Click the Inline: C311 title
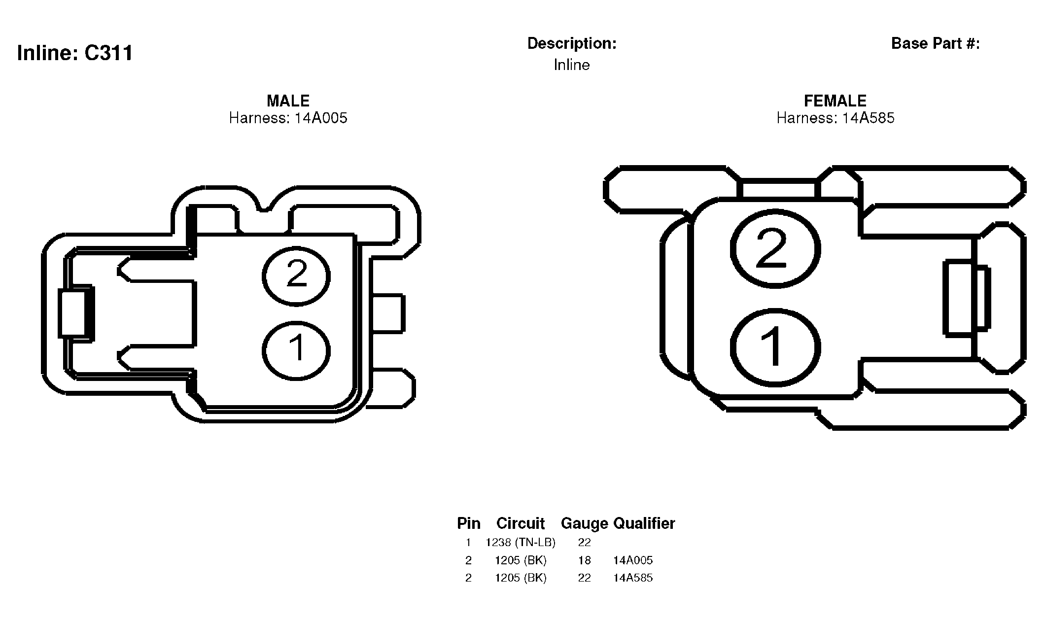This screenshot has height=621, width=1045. pos(75,53)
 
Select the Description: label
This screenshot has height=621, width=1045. pos(572,43)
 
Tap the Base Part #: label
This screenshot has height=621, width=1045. pos(936,43)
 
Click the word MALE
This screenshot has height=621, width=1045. pos(288,101)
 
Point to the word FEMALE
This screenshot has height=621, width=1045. pos(835,101)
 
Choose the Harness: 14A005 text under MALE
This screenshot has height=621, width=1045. pos(288,118)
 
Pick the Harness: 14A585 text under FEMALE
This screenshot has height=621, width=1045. pos(836,118)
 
